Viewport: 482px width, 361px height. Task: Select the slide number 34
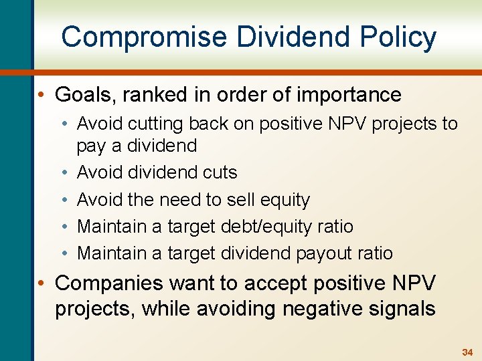[467, 352]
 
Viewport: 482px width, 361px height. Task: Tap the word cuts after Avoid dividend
[218, 172]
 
